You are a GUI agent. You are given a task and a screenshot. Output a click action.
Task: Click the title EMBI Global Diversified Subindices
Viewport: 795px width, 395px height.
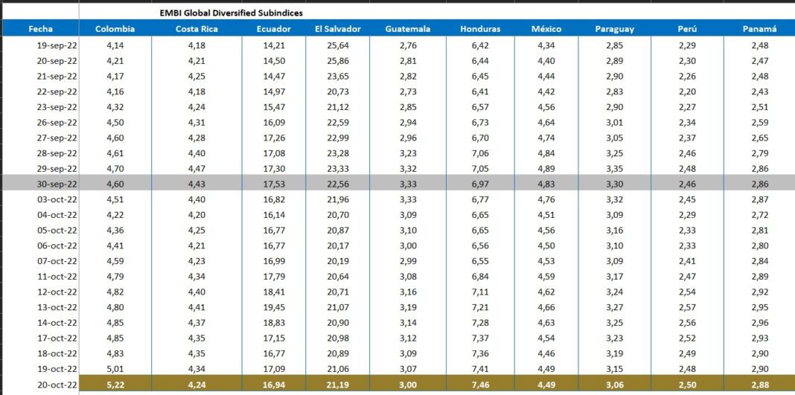231,13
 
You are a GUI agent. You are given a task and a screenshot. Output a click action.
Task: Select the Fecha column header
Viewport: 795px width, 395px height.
40,29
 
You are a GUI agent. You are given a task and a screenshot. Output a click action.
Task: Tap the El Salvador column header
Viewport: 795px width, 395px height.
337,29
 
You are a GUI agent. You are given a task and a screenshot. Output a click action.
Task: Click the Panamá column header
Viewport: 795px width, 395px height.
759,29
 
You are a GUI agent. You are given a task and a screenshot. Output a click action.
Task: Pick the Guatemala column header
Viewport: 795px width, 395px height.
407,29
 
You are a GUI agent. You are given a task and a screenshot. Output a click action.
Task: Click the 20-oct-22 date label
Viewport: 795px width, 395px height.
57,385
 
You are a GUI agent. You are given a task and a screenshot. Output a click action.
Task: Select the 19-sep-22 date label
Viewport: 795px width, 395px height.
57,45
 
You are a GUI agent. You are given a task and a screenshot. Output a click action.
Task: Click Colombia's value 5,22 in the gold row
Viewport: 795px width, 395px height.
115,385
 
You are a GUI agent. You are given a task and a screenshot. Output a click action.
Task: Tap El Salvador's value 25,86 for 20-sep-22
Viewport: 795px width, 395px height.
337,60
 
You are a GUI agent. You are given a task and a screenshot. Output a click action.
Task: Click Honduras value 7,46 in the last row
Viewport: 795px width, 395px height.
480,385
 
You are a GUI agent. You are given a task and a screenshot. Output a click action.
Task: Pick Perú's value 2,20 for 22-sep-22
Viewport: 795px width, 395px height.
686,91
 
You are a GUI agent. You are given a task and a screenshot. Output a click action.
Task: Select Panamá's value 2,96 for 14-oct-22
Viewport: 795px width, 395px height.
759,323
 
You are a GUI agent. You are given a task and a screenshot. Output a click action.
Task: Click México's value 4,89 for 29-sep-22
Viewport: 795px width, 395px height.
546,169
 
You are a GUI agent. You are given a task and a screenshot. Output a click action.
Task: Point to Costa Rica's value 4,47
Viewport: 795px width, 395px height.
197,169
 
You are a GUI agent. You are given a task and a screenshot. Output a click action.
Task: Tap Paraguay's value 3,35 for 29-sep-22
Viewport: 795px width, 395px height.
614,169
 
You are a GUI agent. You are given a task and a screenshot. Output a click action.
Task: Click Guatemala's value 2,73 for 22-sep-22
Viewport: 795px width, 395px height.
407,91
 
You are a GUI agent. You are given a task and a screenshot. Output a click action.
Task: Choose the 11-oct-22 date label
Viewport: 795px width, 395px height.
57,277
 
